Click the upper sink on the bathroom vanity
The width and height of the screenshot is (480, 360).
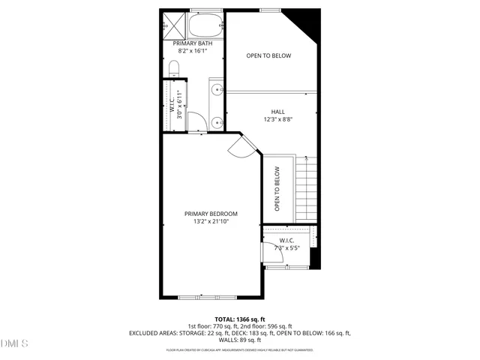[216, 91]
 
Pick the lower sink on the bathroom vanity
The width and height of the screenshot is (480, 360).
[216, 121]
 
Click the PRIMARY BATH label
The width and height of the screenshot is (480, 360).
[193, 43]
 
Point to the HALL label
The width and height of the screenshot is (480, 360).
[277, 112]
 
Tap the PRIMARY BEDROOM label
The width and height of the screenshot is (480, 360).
[211, 214]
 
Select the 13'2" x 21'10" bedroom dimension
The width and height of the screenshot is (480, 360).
[211, 222]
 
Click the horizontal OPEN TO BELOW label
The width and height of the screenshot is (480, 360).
[268, 55]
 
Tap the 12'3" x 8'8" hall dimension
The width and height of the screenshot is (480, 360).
[277, 119]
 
